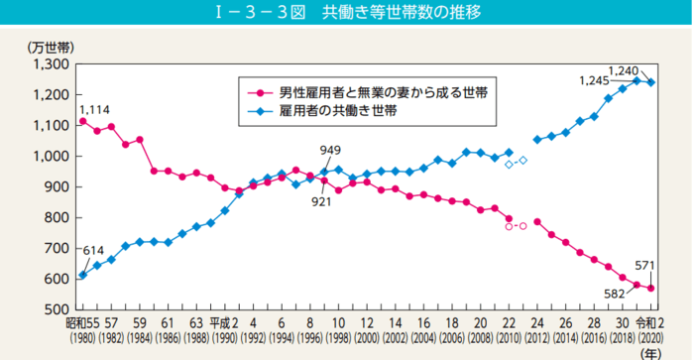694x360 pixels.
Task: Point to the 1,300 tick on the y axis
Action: [48, 64]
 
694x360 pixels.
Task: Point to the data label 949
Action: [331, 150]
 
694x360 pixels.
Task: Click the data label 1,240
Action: [624, 69]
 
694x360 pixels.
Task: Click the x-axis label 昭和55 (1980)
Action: [82, 328]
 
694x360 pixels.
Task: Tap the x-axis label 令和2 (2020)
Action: [650, 328]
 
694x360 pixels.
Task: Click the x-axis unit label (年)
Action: [651, 350]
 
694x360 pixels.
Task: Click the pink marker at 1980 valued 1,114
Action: [82, 121]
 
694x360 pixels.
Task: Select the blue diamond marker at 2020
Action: [650, 82]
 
